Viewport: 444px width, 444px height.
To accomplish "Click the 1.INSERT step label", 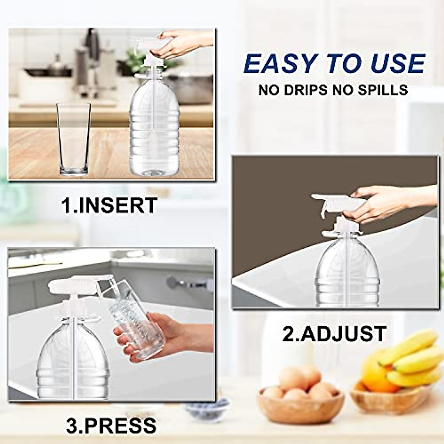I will [x=110, y=205].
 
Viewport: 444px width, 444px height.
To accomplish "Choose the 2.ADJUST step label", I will [x=334, y=334].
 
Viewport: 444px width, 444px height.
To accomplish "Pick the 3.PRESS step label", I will [x=111, y=425].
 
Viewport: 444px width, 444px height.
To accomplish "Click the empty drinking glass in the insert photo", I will [x=74, y=139].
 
